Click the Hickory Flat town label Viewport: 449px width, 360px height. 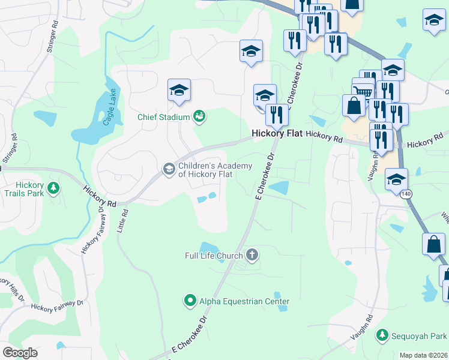click(x=276, y=133)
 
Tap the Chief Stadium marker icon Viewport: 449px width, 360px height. click(x=199, y=117)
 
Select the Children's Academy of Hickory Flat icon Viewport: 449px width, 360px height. click(x=169, y=170)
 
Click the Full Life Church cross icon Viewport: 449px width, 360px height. click(x=252, y=256)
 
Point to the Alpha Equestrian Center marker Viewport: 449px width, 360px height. click(x=190, y=301)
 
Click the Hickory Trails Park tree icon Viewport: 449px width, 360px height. click(x=53, y=188)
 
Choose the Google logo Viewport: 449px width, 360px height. click(x=21, y=353)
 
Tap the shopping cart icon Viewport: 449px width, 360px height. click(x=363, y=90)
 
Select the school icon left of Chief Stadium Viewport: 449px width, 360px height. click(x=179, y=90)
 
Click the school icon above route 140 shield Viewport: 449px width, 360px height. click(x=396, y=179)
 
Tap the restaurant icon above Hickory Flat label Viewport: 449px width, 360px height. click(x=277, y=114)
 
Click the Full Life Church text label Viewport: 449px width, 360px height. click(x=213, y=256)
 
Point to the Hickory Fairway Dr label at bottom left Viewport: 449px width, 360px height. click(x=57, y=306)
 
